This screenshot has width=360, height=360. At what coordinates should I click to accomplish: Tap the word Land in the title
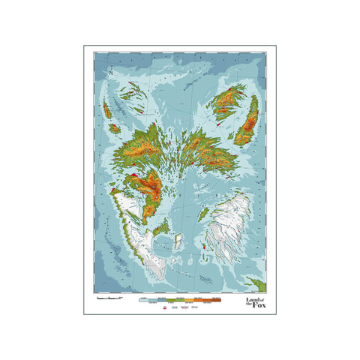pos(253,298)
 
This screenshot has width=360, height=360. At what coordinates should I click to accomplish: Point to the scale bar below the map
pos(109,298)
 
